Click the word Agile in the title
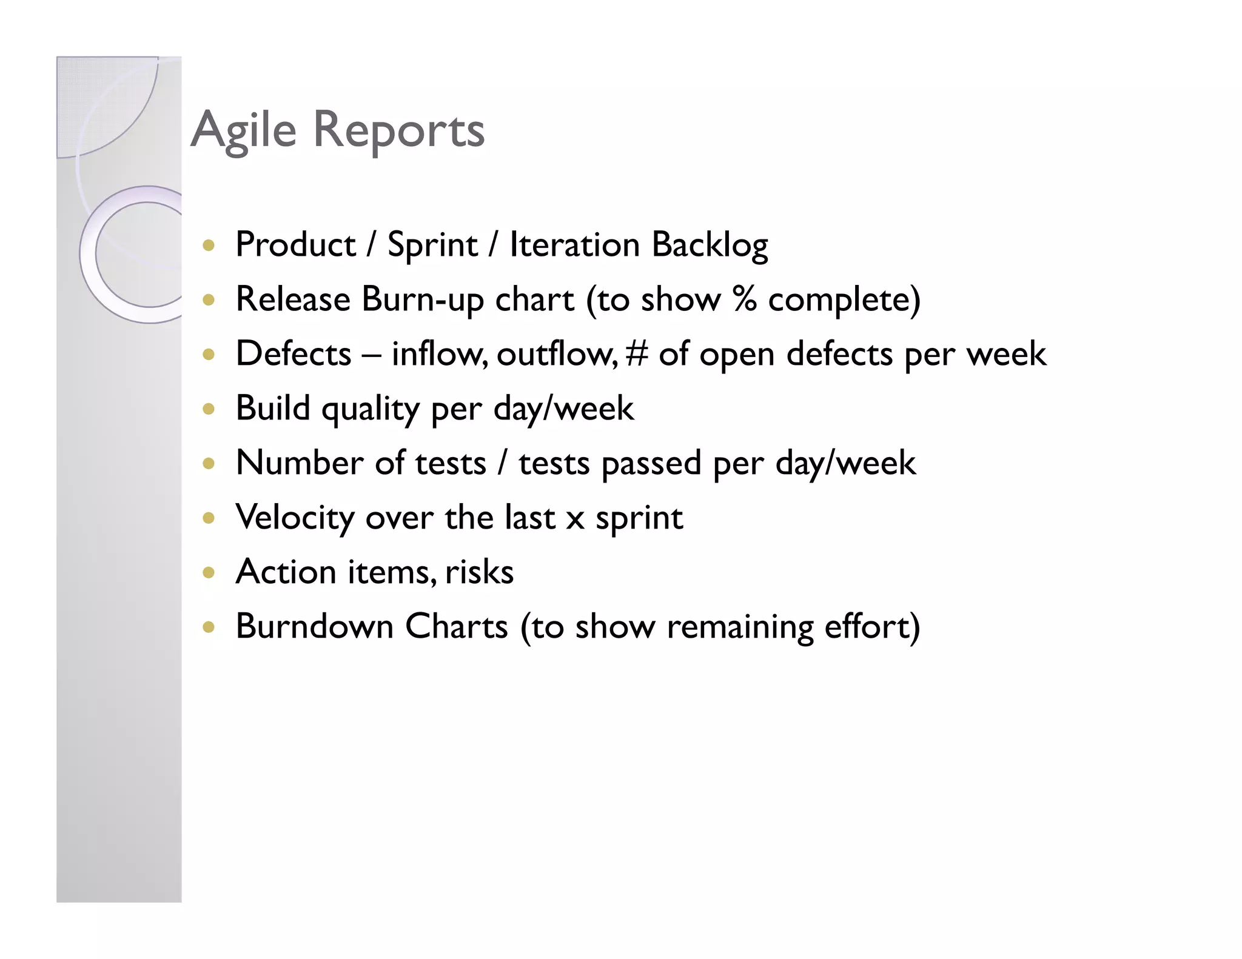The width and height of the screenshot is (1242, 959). [x=243, y=130]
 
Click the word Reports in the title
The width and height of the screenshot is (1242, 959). [x=398, y=130]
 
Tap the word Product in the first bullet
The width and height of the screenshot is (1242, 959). [x=295, y=245]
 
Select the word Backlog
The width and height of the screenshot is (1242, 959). [x=710, y=245]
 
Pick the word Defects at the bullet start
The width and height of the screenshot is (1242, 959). [x=294, y=353]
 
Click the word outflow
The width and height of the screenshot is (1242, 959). [x=557, y=353]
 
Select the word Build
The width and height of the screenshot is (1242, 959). [x=273, y=408]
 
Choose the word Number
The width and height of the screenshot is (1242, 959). [x=299, y=463]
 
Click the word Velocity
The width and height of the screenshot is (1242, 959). [x=295, y=518]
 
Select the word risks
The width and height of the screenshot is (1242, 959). [x=479, y=572]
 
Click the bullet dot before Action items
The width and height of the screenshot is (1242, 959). [x=209, y=572]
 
